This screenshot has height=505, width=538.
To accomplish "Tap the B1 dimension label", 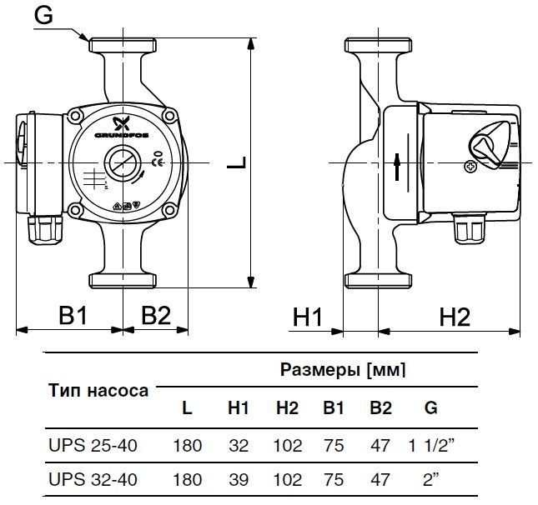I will [72, 315].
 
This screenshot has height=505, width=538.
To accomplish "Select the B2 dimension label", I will [155, 315].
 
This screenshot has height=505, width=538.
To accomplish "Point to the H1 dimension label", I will [308, 317].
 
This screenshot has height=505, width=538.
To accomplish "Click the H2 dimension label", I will [455, 317].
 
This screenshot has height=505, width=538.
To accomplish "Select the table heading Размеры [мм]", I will [342, 370].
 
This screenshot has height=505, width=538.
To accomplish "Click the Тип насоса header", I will [98, 389].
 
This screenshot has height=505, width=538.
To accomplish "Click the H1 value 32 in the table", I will [239, 446].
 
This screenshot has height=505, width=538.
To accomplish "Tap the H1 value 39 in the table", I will [239, 479].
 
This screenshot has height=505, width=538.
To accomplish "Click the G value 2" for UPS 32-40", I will [430, 479].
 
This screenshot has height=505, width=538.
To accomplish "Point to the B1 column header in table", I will [334, 409].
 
